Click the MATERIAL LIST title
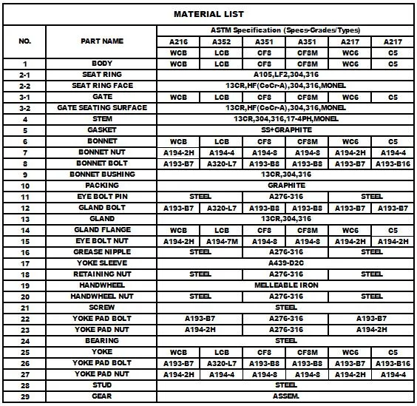[208, 14]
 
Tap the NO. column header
[24, 41]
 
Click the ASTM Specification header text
[286, 30]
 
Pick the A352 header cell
[221, 41]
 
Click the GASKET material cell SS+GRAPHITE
[286, 130]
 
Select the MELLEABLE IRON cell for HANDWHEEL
[286, 285]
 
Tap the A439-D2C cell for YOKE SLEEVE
[286, 263]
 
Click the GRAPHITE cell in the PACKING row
[286, 186]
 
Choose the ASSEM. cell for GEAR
[286, 396]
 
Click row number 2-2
[24, 86]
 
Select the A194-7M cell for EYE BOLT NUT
[221, 241]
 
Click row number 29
[24, 396]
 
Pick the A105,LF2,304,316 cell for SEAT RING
[286, 75]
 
